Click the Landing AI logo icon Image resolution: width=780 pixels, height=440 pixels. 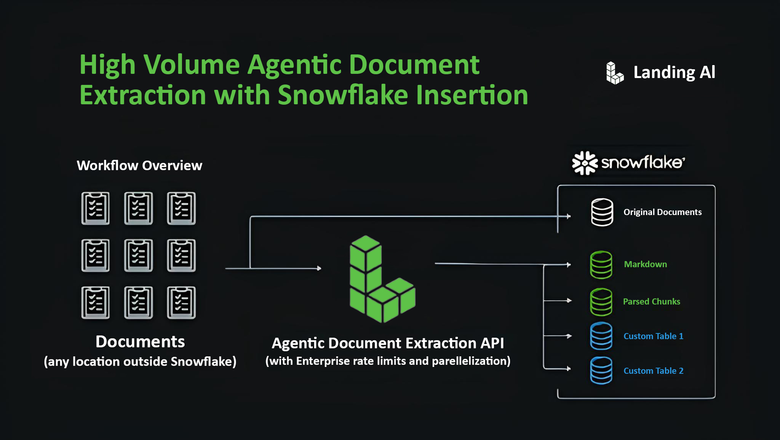click(x=614, y=73)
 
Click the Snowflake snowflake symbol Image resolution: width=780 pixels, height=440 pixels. click(x=585, y=163)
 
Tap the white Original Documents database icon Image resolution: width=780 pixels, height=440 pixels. click(x=602, y=212)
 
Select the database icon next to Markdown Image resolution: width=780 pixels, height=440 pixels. click(x=601, y=265)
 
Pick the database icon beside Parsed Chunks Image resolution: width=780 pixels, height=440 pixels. click(x=601, y=302)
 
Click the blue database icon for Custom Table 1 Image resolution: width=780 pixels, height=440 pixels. click(x=601, y=336)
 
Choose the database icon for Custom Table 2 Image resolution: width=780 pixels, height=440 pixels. click(x=601, y=370)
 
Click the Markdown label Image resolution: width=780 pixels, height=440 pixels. click(x=645, y=264)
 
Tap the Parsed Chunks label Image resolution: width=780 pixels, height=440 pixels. click(x=651, y=301)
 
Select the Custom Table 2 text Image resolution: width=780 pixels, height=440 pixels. click(x=653, y=371)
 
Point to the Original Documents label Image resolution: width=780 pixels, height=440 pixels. click(x=662, y=212)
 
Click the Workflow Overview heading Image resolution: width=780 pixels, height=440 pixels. click(x=139, y=166)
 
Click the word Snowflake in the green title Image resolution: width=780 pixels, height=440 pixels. click(x=343, y=95)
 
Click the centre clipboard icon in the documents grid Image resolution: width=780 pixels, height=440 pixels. click(x=138, y=255)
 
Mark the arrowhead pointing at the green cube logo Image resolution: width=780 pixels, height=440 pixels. click(x=319, y=268)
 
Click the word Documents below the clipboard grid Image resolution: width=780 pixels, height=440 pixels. click(x=140, y=342)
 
